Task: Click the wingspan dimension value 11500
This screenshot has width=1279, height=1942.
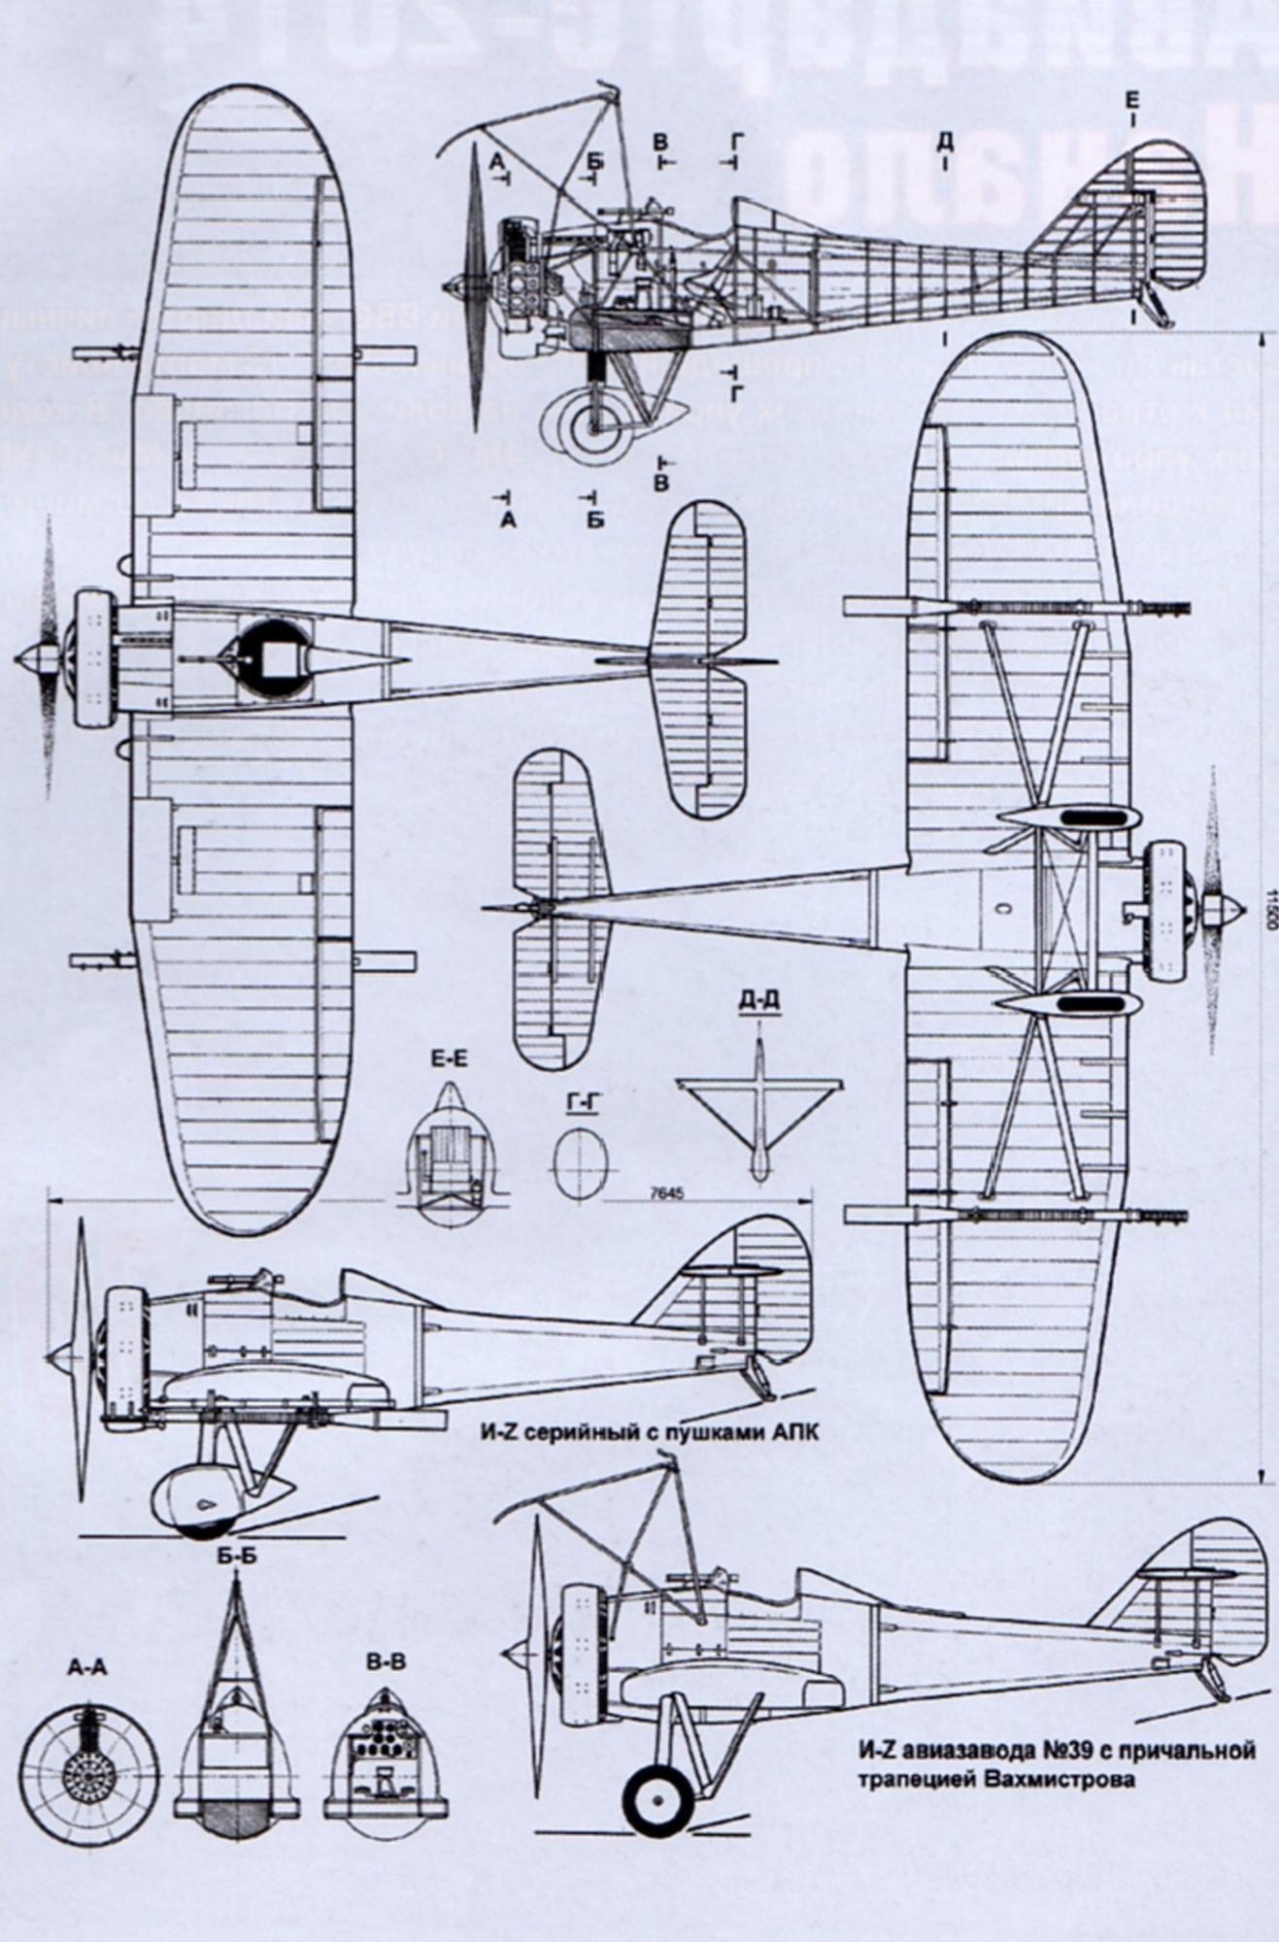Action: pyautogui.click(x=1270, y=904)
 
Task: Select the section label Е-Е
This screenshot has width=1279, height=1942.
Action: pyautogui.click(x=449, y=1059)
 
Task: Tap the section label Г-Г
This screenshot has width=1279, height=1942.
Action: pyautogui.click(x=580, y=1102)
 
